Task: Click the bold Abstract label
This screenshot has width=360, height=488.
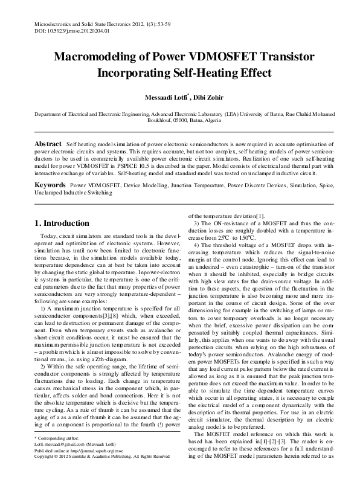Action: click(47, 146)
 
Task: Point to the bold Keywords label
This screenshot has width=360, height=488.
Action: click(50, 183)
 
